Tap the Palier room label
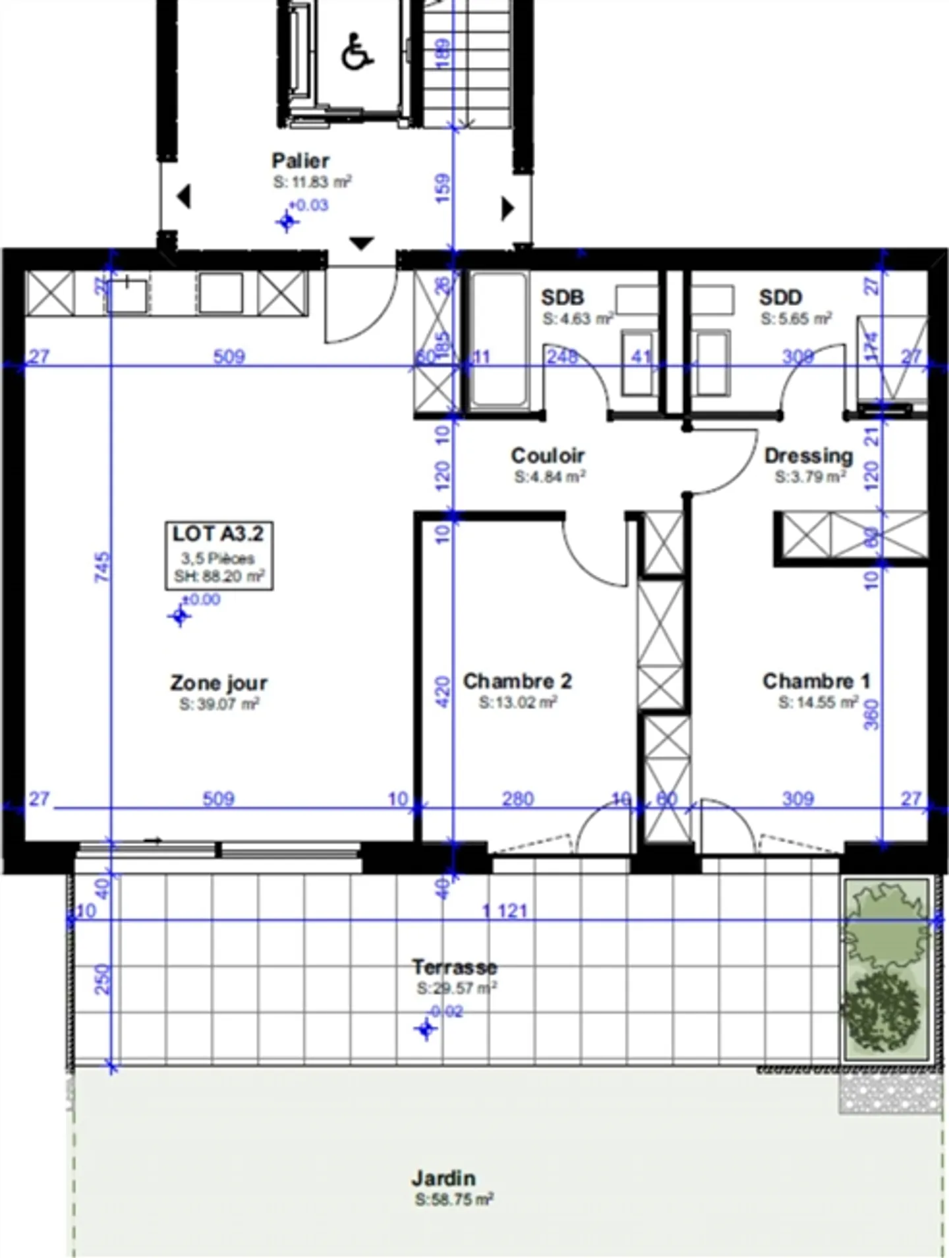coord(301,160)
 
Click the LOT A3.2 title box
coord(218,555)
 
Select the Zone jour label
coord(218,682)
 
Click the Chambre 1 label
coord(816,680)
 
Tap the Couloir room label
coord(548,455)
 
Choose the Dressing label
coord(808,455)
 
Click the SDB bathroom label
coord(562,297)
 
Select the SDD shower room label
coord(780,297)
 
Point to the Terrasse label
coord(454,967)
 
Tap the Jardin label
coord(444,1178)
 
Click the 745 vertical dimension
coord(102,567)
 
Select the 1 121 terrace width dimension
coord(505,911)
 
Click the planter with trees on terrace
coord(885,969)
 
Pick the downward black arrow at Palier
coord(360,243)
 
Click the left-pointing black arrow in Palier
coord(184,196)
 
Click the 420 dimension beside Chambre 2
coord(443,691)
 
